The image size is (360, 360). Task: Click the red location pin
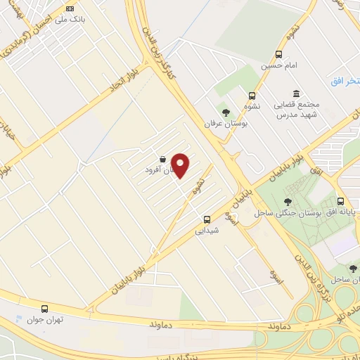[x=181, y=165]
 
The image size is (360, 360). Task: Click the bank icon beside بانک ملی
[x=69, y=8]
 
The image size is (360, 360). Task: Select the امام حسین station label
[x=276, y=65]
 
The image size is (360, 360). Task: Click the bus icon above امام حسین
[x=279, y=54]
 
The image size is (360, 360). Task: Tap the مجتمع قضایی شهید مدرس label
[x=300, y=109]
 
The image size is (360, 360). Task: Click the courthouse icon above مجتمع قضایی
[x=296, y=94]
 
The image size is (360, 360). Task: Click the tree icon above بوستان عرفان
[x=226, y=112]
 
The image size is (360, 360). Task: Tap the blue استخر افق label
[x=345, y=82]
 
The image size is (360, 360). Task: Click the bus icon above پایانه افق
[x=340, y=200]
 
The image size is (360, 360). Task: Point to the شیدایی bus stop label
[x=207, y=230]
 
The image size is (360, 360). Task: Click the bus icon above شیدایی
[x=207, y=219]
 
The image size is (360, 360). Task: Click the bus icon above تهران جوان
[x=45, y=309]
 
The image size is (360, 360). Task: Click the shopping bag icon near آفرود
[x=163, y=160]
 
